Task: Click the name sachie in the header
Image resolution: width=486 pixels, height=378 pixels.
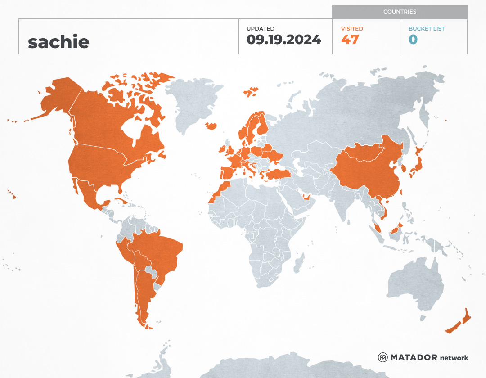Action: [58, 42]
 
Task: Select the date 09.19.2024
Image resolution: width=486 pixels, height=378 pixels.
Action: [283, 40]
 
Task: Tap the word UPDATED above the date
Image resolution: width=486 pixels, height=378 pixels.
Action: [260, 29]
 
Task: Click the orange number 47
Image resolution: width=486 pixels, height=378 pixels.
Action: [350, 40]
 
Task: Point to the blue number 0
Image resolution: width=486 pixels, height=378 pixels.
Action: [413, 40]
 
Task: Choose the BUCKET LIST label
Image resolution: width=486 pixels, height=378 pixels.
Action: [426, 29]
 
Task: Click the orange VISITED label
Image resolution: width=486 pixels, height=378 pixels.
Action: [352, 29]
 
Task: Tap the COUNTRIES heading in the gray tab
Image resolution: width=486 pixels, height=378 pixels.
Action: [400, 12]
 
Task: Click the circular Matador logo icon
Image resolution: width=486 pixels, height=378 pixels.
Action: [382, 357]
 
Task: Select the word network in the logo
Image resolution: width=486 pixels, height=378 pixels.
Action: [454, 358]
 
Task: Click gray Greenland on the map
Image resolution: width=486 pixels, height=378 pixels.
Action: [193, 103]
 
